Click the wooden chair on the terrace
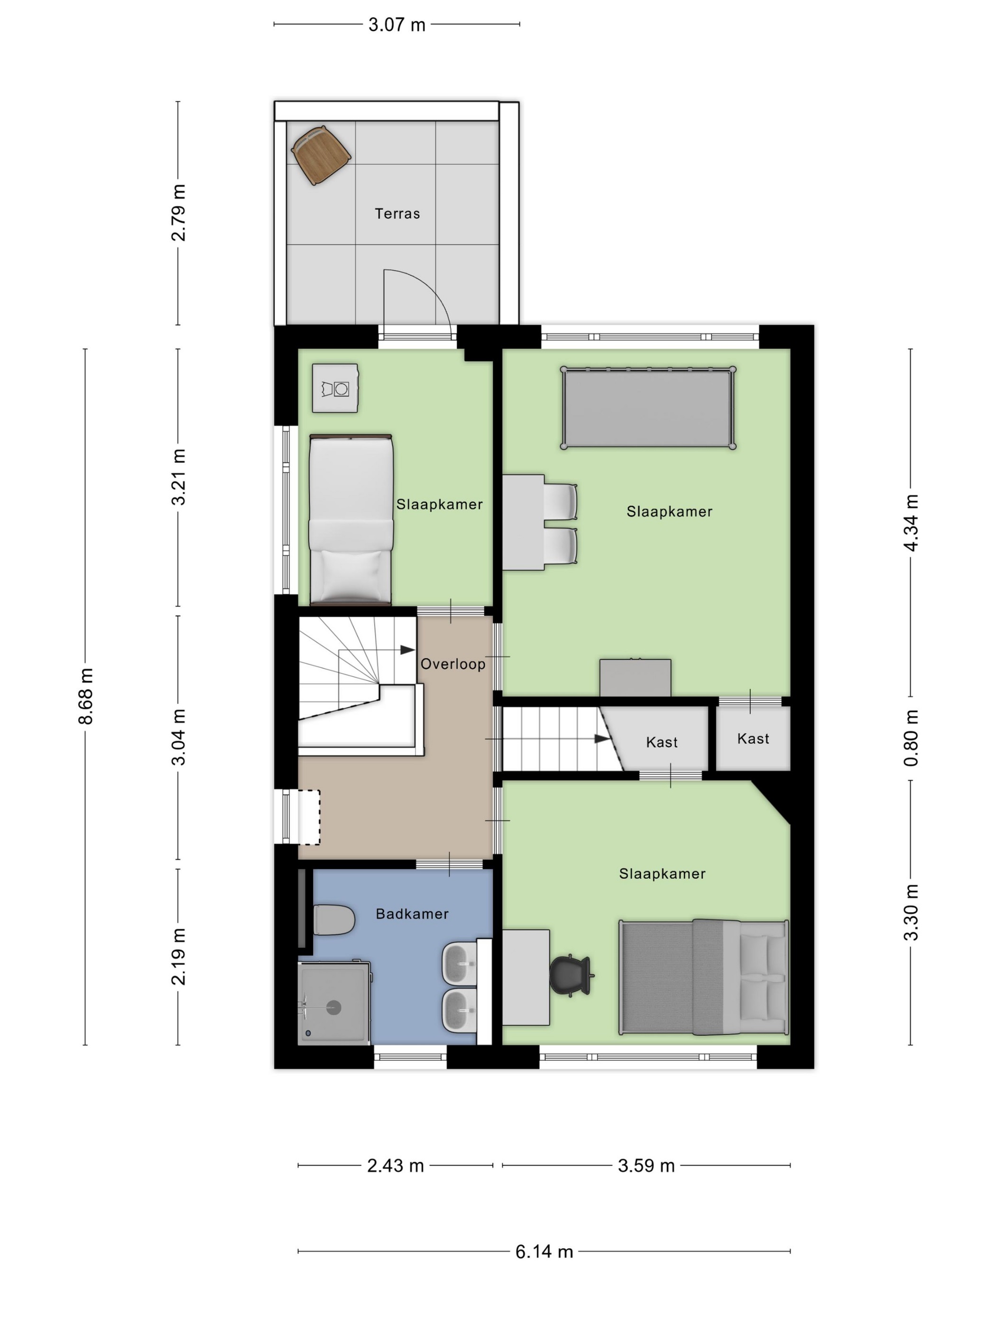321,155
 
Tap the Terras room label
397,213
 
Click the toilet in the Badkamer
334,920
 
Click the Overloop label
452,664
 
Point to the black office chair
571,976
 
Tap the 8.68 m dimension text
86,696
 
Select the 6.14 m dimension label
544,1251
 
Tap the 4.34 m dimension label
911,523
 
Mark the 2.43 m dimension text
395,1166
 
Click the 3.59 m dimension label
646,1166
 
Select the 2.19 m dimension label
178,956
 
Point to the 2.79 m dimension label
178,213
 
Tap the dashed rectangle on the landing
309,817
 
